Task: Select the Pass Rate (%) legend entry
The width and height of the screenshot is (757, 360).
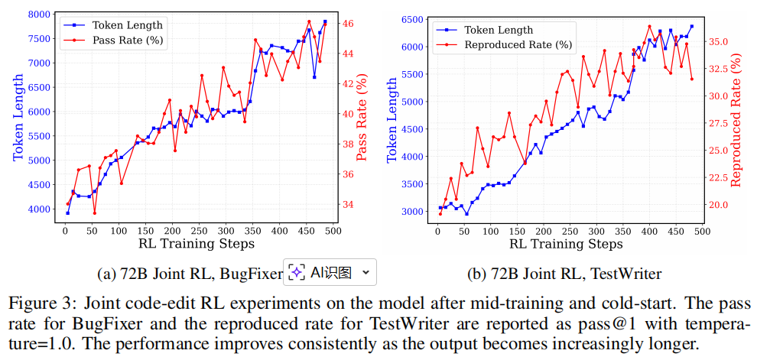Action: pyautogui.click(x=128, y=41)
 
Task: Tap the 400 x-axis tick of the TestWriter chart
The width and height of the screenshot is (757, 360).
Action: pyautogui.click(x=649, y=232)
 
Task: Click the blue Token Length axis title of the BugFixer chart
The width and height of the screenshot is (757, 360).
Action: pyautogui.click(x=18, y=117)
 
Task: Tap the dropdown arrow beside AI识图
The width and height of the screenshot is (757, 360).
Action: pyautogui.click(x=366, y=273)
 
